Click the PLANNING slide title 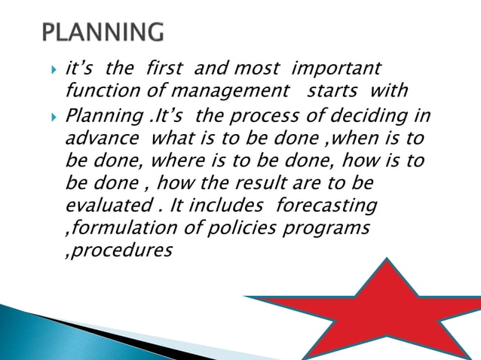coord(103,33)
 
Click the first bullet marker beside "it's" coord(54,69)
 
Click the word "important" coord(335,69)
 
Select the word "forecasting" coord(327,206)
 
